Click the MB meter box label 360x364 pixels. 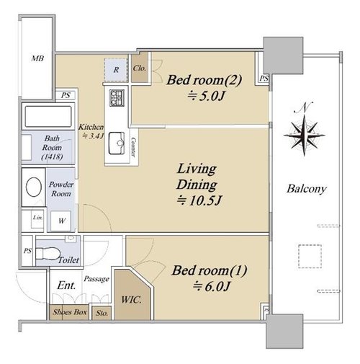[x=37, y=58]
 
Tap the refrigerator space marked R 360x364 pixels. [x=116, y=70]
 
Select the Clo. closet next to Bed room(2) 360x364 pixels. [x=140, y=68]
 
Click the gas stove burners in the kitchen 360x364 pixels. [x=117, y=97]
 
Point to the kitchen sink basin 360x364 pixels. [x=117, y=143]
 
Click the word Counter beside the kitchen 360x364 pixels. [x=133, y=147]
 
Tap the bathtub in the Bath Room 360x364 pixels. [x=48, y=117]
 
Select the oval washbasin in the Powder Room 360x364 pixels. [x=34, y=187]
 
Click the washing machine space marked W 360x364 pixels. [x=61, y=221]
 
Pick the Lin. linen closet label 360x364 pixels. [x=38, y=218]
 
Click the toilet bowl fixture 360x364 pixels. [x=48, y=254]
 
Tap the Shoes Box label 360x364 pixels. [x=70, y=312]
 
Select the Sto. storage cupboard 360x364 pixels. [x=102, y=313]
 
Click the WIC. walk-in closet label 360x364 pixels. [x=131, y=300]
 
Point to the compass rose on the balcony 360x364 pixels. [x=304, y=136]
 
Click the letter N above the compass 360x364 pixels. [x=304, y=107]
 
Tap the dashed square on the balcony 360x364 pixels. [x=310, y=257]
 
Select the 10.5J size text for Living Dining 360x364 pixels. [x=199, y=200]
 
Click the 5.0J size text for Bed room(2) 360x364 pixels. [x=207, y=97]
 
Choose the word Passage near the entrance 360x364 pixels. [x=96, y=279]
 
